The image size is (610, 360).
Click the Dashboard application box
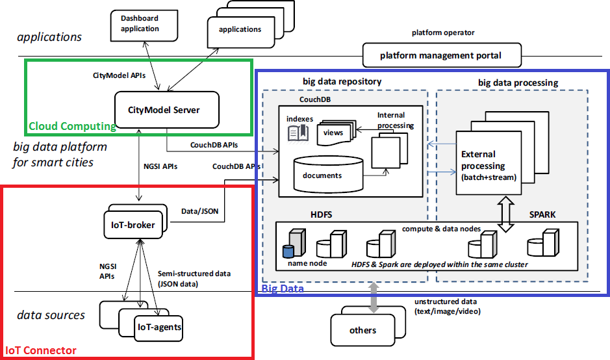pyautogui.click(x=140, y=24)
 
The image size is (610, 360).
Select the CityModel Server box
pyautogui.click(x=167, y=110)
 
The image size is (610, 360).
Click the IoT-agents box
pyautogui.click(x=159, y=326)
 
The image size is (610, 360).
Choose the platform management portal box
pyautogui.click(x=442, y=55)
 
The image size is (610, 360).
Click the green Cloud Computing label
pyautogui.click(x=72, y=126)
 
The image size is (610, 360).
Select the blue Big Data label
pyautogui.click(x=283, y=288)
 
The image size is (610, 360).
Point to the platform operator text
pyautogui.click(x=443, y=32)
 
